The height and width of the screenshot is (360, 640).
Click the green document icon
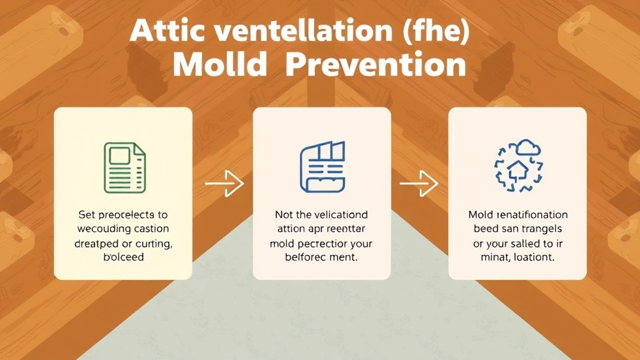pos(124,167)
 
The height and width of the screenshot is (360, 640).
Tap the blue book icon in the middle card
pos(322,167)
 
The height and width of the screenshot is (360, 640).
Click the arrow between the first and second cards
pos(224,184)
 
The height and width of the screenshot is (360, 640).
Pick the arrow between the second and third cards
pos(419,184)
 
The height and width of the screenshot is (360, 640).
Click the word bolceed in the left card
pos(124,257)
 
